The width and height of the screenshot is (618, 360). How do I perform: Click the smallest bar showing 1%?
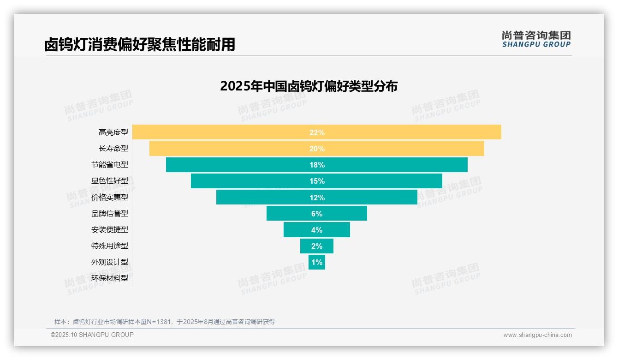pos(317,262)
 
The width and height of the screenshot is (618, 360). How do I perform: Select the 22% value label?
pos(317,132)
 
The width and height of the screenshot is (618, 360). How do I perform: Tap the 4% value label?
pos(317,230)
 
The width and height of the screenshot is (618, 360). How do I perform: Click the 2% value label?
pos(317,246)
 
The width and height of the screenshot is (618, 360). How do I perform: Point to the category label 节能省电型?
pos(110,165)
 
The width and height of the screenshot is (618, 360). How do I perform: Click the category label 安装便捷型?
pos(110,230)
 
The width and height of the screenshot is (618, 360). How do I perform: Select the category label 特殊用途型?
pos(110,246)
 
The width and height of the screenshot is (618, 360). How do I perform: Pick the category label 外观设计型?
pos(110,262)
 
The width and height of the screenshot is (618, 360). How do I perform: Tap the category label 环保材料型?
pos(110,278)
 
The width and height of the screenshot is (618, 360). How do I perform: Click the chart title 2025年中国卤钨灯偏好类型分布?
pos(309,86)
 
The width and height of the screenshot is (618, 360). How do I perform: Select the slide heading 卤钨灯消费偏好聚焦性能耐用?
pos(140,44)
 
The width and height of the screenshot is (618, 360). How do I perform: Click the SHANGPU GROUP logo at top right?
pos(536,39)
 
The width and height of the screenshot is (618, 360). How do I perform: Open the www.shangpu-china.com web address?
pos(537,335)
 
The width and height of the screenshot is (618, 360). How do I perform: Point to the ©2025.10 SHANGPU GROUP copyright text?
pos(92,335)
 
